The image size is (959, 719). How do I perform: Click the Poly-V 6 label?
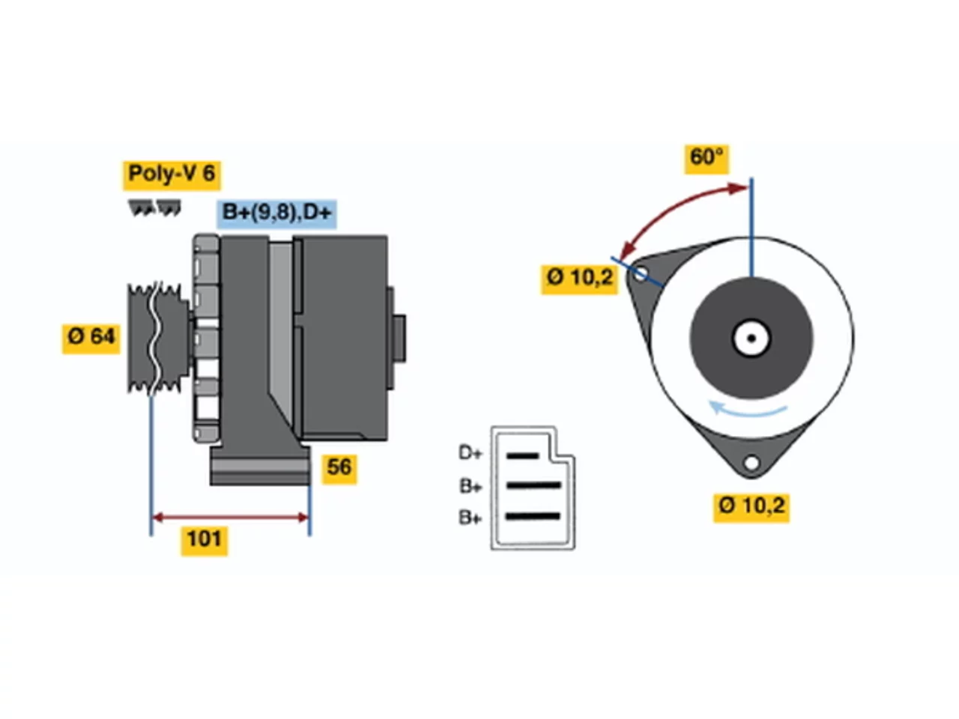click(172, 175)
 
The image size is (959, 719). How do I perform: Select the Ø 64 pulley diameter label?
click(91, 339)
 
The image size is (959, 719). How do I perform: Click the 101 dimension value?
click(205, 541)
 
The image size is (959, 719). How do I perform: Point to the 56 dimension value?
click(339, 469)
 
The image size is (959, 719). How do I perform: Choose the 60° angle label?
click(706, 159)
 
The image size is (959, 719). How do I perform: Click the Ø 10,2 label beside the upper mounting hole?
click(579, 279)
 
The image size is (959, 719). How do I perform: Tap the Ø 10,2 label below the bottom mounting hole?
click(751, 507)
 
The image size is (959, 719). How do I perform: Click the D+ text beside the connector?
click(470, 453)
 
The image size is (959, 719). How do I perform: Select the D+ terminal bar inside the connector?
click(522, 456)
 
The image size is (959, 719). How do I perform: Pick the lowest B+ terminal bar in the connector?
click(533, 517)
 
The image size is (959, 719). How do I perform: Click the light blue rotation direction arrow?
click(748, 410)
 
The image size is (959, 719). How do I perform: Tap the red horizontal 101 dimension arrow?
click(230, 518)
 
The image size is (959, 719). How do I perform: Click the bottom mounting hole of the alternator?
click(751, 463)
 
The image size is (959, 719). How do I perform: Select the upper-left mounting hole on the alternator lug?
click(640, 275)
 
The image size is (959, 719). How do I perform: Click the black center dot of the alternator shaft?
click(751, 339)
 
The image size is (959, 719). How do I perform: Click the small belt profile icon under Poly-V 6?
click(154, 207)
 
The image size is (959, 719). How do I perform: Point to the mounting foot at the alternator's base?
click(261, 465)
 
